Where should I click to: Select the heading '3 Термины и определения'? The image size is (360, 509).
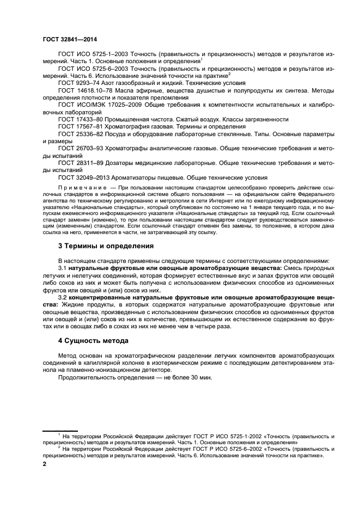[106, 246]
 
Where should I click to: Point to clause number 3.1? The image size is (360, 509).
[62, 268]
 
